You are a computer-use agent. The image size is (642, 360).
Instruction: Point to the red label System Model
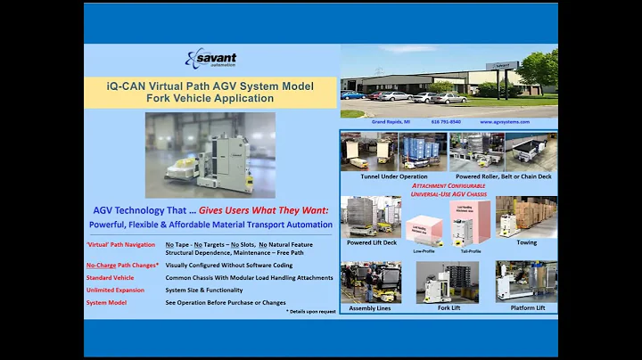[x=106, y=303]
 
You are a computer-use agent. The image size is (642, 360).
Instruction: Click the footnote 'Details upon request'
[x=310, y=313]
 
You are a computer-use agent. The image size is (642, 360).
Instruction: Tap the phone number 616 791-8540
[x=447, y=122]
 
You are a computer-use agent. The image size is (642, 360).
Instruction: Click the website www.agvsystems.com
[x=505, y=122]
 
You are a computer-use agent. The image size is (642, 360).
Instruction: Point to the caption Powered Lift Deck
[x=372, y=242]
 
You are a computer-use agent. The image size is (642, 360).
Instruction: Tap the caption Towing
[x=527, y=241]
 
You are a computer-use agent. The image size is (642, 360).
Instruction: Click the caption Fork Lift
[x=449, y=308]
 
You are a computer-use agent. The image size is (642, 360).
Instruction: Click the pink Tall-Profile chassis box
[x=470, y=219]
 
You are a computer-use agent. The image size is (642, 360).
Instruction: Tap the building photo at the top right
[x=449, y=81]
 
